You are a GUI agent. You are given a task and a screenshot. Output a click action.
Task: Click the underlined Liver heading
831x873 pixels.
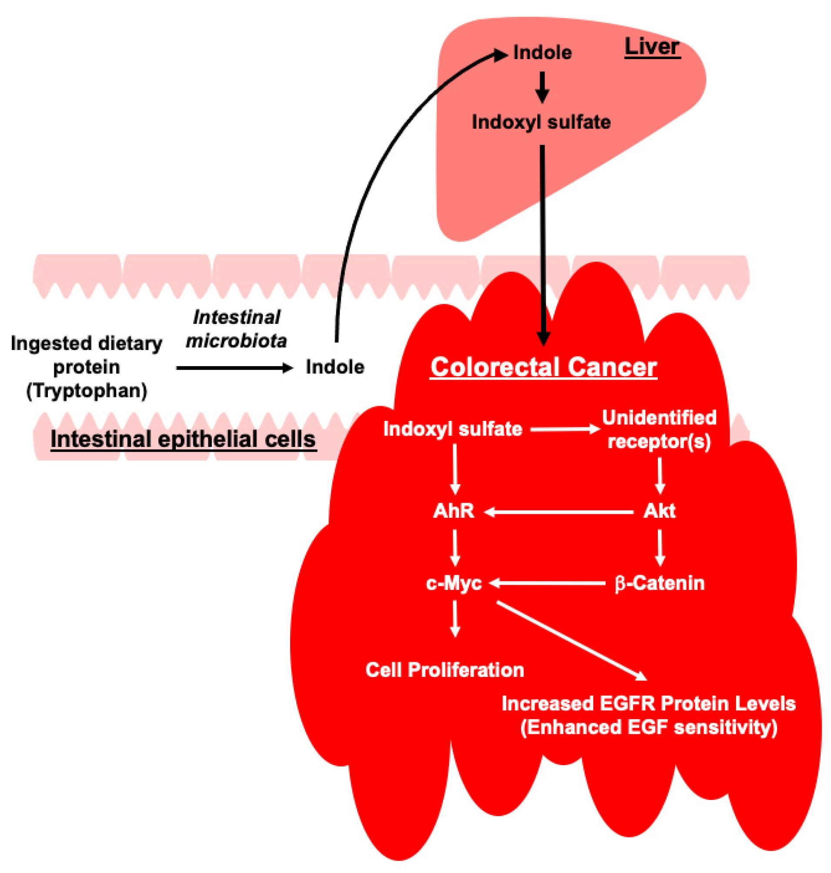tap(652, 47)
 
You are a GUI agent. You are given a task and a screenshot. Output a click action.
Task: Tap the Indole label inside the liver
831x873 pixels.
tap(542, 53)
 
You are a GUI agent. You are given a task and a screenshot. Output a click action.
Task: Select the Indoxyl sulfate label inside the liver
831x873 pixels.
tap(541, 122)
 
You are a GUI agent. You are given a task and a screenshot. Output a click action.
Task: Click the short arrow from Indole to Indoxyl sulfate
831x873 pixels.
tap(542, 87)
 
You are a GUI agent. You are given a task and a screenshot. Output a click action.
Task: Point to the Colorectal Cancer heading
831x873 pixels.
tap(543, 367)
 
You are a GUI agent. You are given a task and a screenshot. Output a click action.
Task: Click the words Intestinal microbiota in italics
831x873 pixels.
tap(237, 329)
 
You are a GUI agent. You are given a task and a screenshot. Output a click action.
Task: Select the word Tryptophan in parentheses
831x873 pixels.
tap(87, 391)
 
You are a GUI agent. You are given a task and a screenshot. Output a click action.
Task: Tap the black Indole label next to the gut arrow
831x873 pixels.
tap(335, 367)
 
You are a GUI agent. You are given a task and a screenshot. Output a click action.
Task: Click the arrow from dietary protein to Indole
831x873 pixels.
tap(235, 368)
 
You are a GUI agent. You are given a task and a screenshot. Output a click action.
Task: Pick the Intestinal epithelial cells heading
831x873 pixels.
tap(184, 439)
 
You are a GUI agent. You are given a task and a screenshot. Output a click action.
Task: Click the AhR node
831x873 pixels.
tap(454, 511)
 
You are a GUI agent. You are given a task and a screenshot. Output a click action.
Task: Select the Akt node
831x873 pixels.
tap(659, 511)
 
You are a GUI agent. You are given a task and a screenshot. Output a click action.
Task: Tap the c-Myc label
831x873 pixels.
tap(454, 583)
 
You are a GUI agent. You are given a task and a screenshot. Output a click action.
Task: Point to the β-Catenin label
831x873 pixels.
tap(659, 583)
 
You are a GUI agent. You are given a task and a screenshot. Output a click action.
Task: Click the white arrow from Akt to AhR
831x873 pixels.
tap(558, 512)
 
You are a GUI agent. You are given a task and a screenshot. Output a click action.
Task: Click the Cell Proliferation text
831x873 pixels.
tap(445, 670)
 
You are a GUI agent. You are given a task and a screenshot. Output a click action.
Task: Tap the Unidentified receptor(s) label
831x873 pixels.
tap(659, 430)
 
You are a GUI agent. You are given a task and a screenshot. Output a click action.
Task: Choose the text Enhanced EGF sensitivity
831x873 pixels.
tap(649, 727)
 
